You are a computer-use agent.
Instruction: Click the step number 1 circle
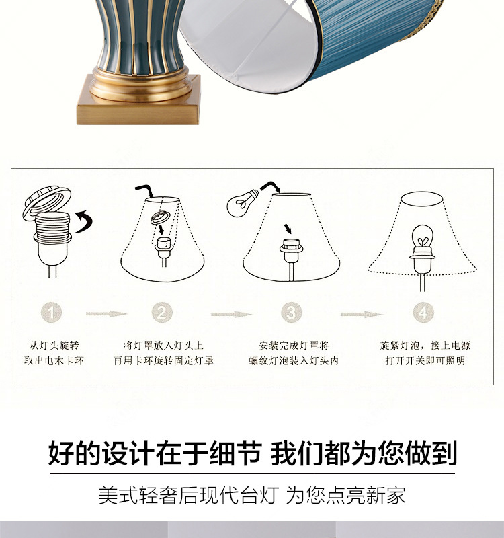54,312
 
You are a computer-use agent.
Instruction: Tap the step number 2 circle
162,312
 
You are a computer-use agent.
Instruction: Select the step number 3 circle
290,312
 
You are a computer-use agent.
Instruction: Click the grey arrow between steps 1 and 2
106,313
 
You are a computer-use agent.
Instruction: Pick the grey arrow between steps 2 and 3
231,313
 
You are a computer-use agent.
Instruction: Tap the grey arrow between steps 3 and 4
361,313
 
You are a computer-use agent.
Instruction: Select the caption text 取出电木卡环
54,360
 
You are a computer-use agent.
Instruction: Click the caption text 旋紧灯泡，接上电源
425,346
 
